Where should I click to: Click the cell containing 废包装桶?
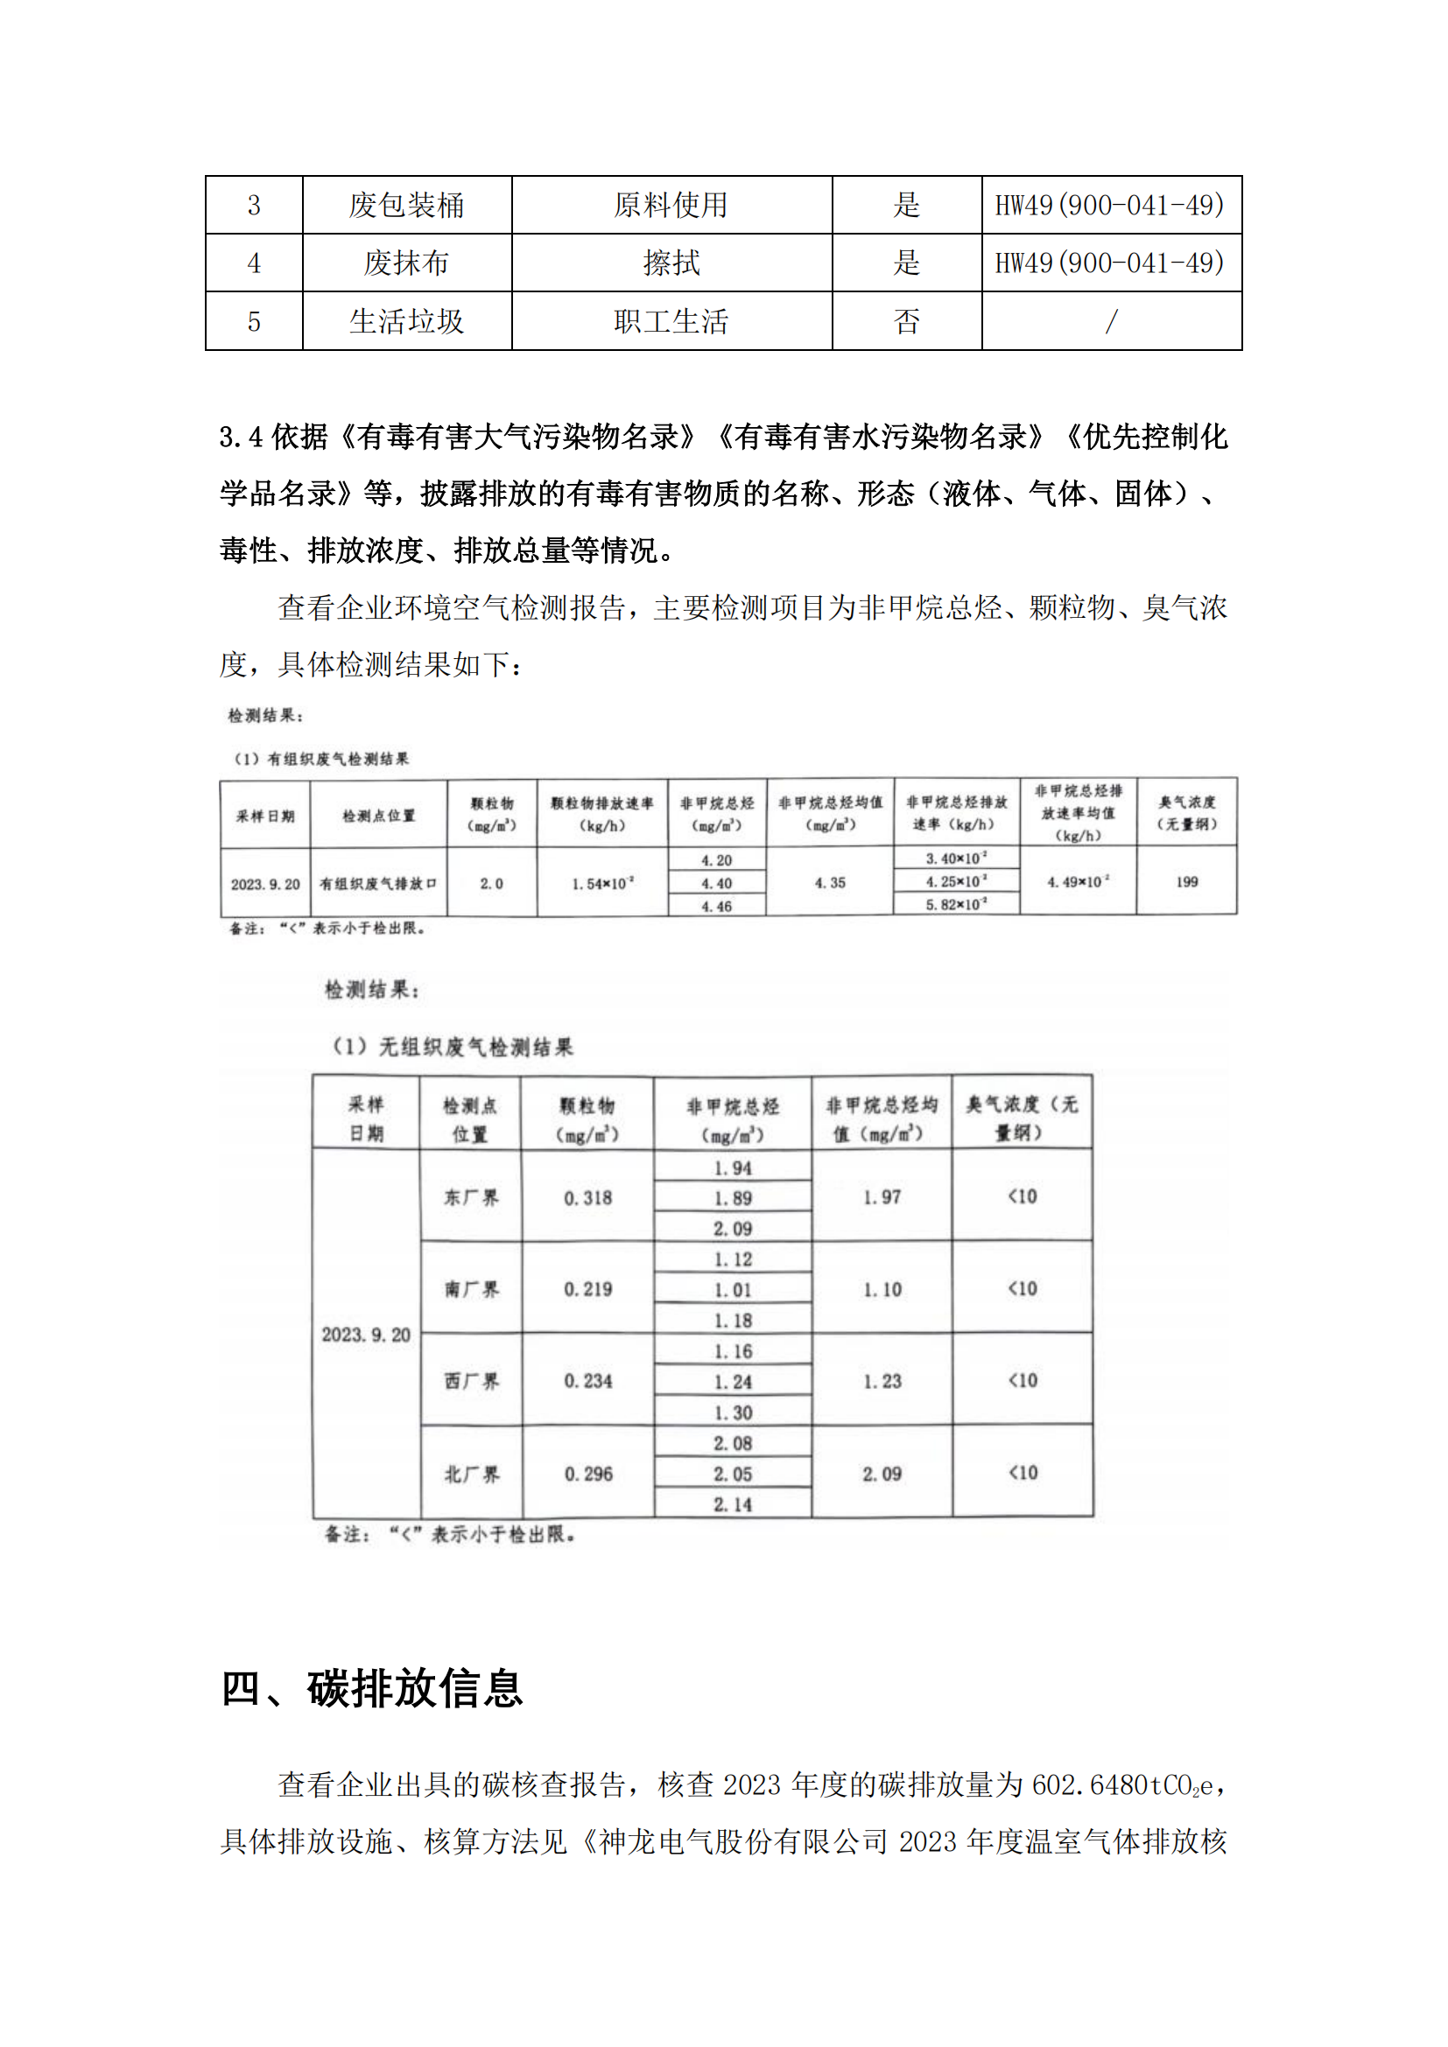pos(406,205)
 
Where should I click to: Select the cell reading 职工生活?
pos(671,321)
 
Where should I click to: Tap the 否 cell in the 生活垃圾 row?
pos(906,321)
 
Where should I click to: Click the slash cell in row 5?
pos(1111,321)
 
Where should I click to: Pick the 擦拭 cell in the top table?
pos(671,263)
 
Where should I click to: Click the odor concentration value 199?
pos(1186,882)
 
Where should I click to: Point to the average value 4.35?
pos(829,883)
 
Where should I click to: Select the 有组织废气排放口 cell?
pos(378,884)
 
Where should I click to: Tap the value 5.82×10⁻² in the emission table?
pos(956,905)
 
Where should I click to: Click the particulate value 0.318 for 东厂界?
pos(587,1197)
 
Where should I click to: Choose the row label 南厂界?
pos(471,1289)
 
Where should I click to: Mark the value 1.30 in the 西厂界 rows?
pos(732,1413)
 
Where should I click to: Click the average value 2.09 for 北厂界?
pos(881,1474)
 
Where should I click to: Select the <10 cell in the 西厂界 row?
pos(1022,1380)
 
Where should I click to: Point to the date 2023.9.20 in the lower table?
pos(366,1335)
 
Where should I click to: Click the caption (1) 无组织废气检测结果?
pos(452,1047)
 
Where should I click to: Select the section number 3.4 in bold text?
pos(241,437)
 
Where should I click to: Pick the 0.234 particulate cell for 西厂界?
pos(587,1381)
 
